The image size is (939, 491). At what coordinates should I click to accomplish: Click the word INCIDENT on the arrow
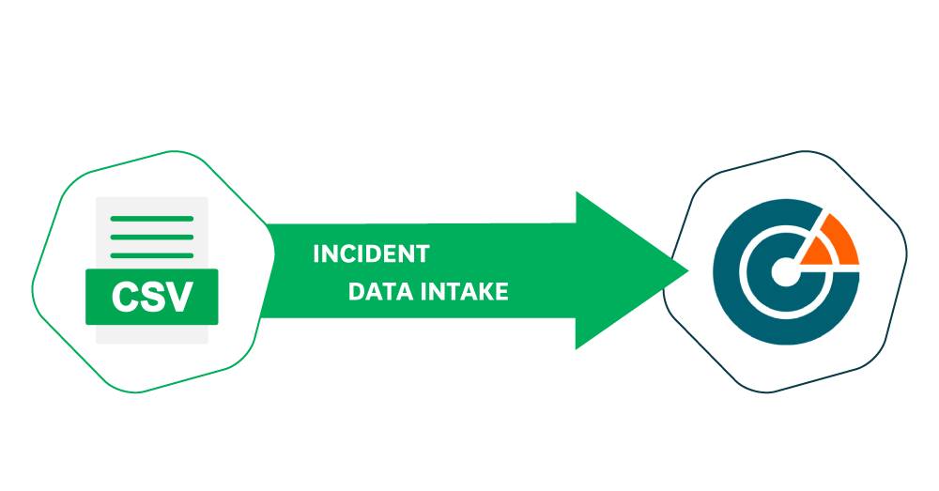(371, 254)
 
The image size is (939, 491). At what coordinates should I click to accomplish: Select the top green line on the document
(152, 219)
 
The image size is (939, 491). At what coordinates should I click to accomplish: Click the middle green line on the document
(152, 237)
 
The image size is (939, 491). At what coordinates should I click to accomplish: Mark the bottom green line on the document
(152, 254)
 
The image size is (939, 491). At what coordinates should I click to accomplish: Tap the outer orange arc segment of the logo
(841, 238)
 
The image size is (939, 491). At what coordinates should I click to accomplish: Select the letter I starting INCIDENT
(316, 254)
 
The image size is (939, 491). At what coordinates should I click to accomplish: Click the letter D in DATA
(356, 292)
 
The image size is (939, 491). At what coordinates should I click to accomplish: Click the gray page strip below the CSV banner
(152, 334)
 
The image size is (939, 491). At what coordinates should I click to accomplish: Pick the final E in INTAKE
(501, 292)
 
